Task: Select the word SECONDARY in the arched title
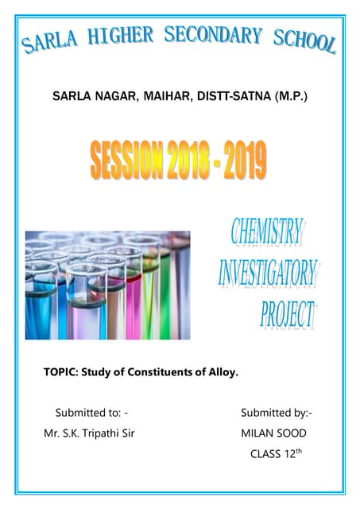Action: (x=214, y=34)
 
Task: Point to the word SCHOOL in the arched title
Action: (x=304, y=41)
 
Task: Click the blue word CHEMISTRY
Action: (x=267, y=231)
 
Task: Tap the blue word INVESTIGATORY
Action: (x=269, y=273)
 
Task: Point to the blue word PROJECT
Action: (x=287, y=314)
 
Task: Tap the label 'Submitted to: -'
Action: (x=91, y=413)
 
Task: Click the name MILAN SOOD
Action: (x=273, y=434)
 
